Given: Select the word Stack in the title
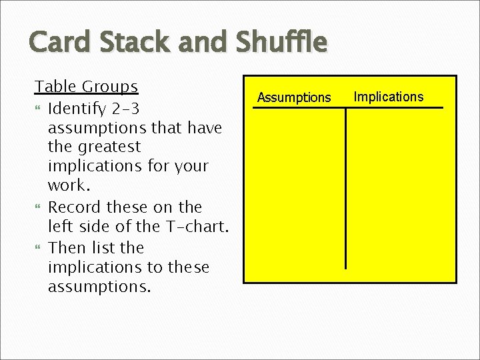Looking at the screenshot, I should pyautogui.click(x=127, y=43).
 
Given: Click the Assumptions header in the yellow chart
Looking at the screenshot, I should pyautogui.click(x=294, y=98).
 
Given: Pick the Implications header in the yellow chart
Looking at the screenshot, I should pyautogui.click(x=388, y=97).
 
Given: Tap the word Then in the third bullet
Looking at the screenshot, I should pyautogui.click(x=67, y=247).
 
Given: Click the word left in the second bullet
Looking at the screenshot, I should pyautogui.click(x=59, y=226).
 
